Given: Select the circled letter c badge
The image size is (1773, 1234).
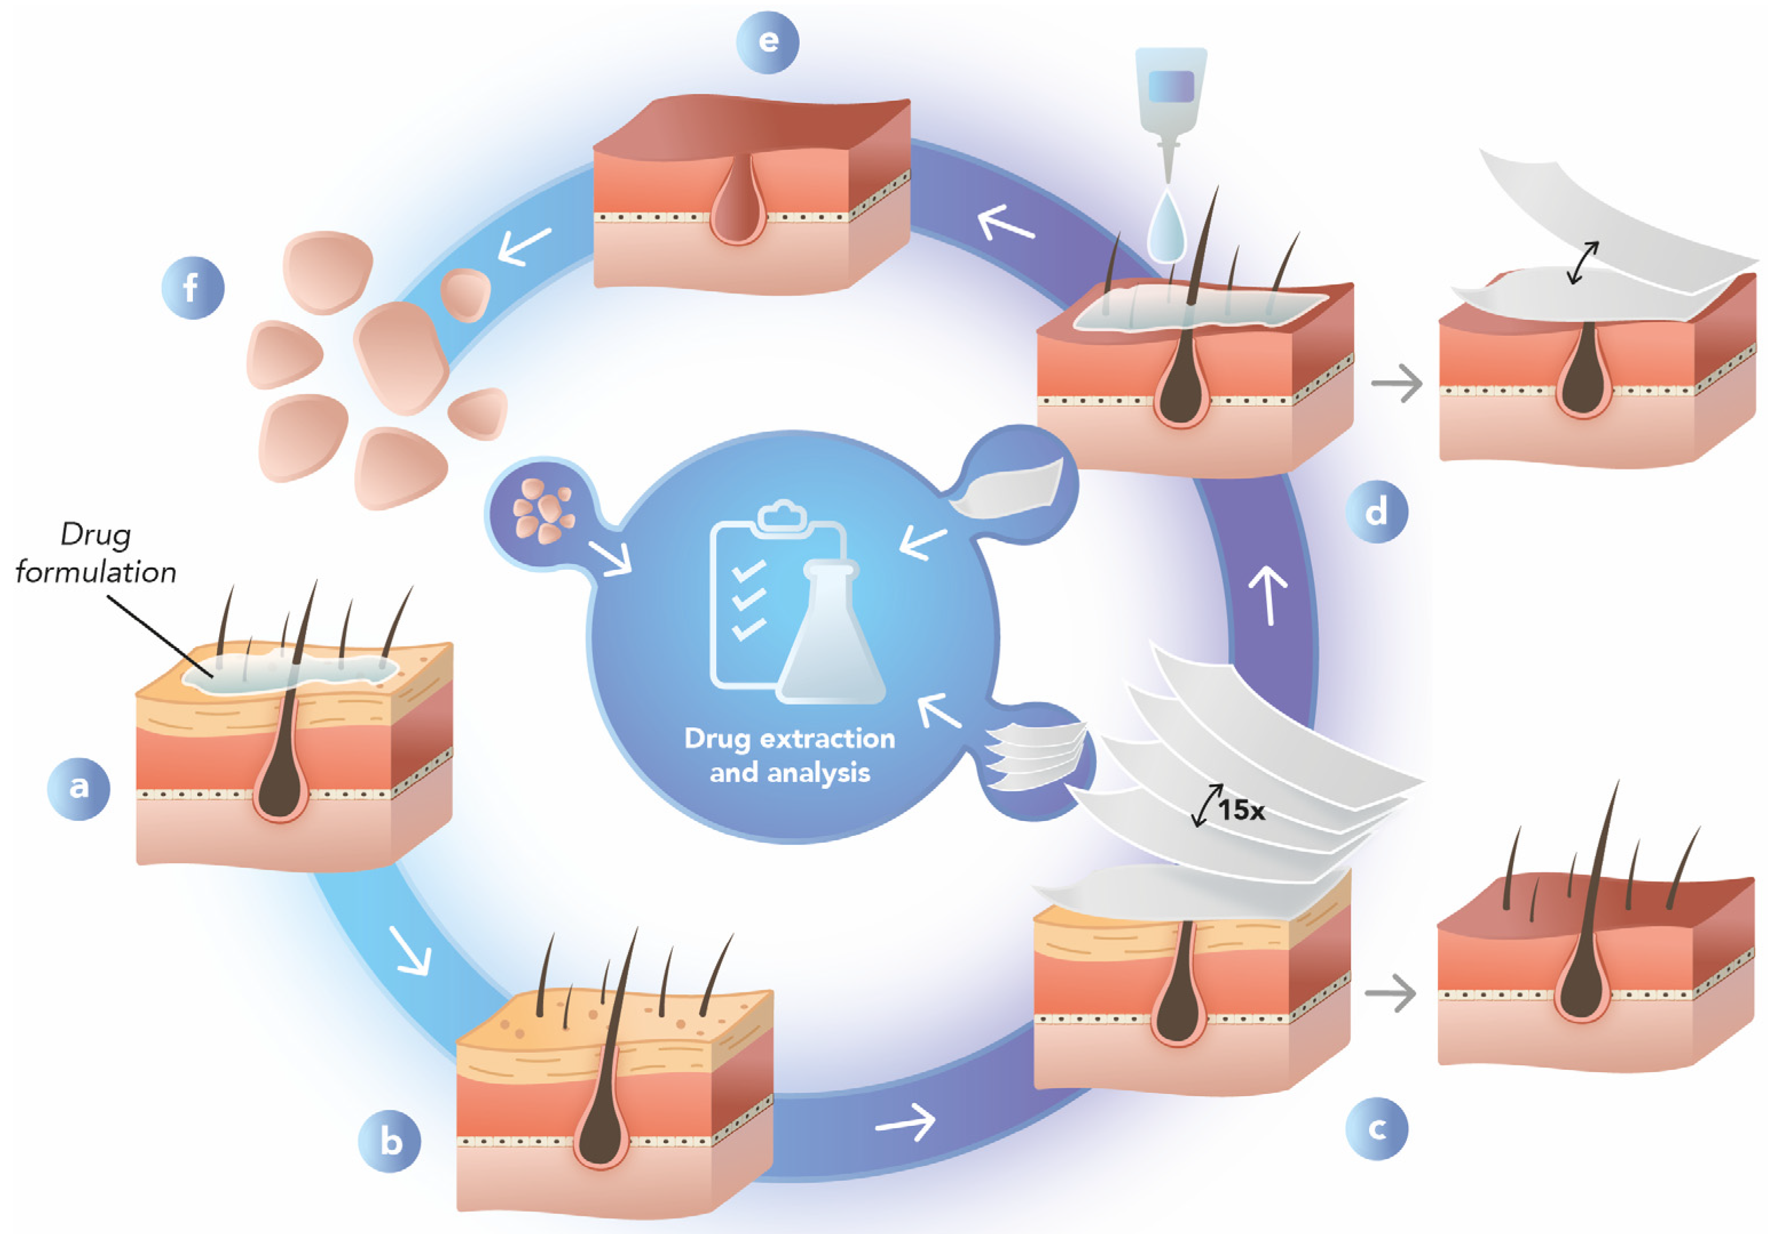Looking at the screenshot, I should click(x=1376, y=1129).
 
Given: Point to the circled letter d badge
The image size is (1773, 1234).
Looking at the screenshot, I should click(x=1376, y=512).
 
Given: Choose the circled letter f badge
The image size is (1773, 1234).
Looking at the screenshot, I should click(x=192, y=288).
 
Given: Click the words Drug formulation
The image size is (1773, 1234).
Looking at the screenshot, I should click(x=96, y=553).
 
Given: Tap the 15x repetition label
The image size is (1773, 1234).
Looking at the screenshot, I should click(x=1241, y=810).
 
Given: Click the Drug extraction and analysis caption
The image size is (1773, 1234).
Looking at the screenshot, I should click(x=789, y=755).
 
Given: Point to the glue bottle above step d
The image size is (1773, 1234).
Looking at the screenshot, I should click(x=1171, y=100).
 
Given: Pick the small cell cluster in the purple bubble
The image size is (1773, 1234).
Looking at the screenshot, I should click(x=542, y=510).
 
